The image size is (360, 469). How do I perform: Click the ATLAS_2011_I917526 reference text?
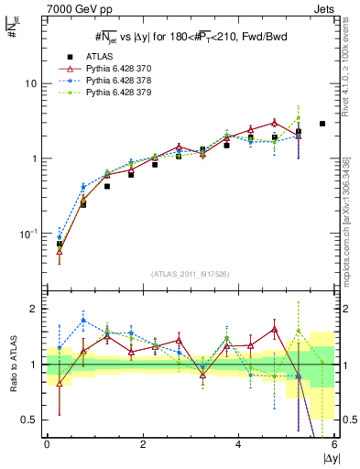coord(191,274)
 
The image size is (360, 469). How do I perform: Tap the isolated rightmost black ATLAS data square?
coord(322,124)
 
